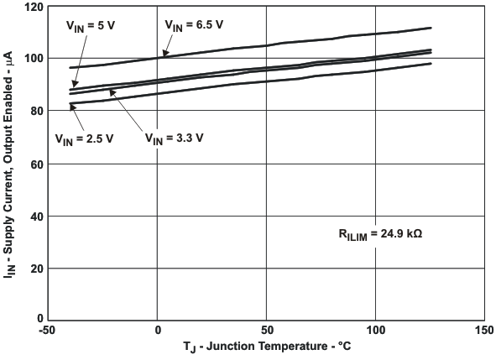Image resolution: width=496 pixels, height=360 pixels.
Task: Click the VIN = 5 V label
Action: tap(91, 26)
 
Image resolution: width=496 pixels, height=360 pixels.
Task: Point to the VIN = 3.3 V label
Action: tap(175, 138)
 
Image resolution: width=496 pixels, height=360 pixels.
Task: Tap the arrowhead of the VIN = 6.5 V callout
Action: tap(164, 56)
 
